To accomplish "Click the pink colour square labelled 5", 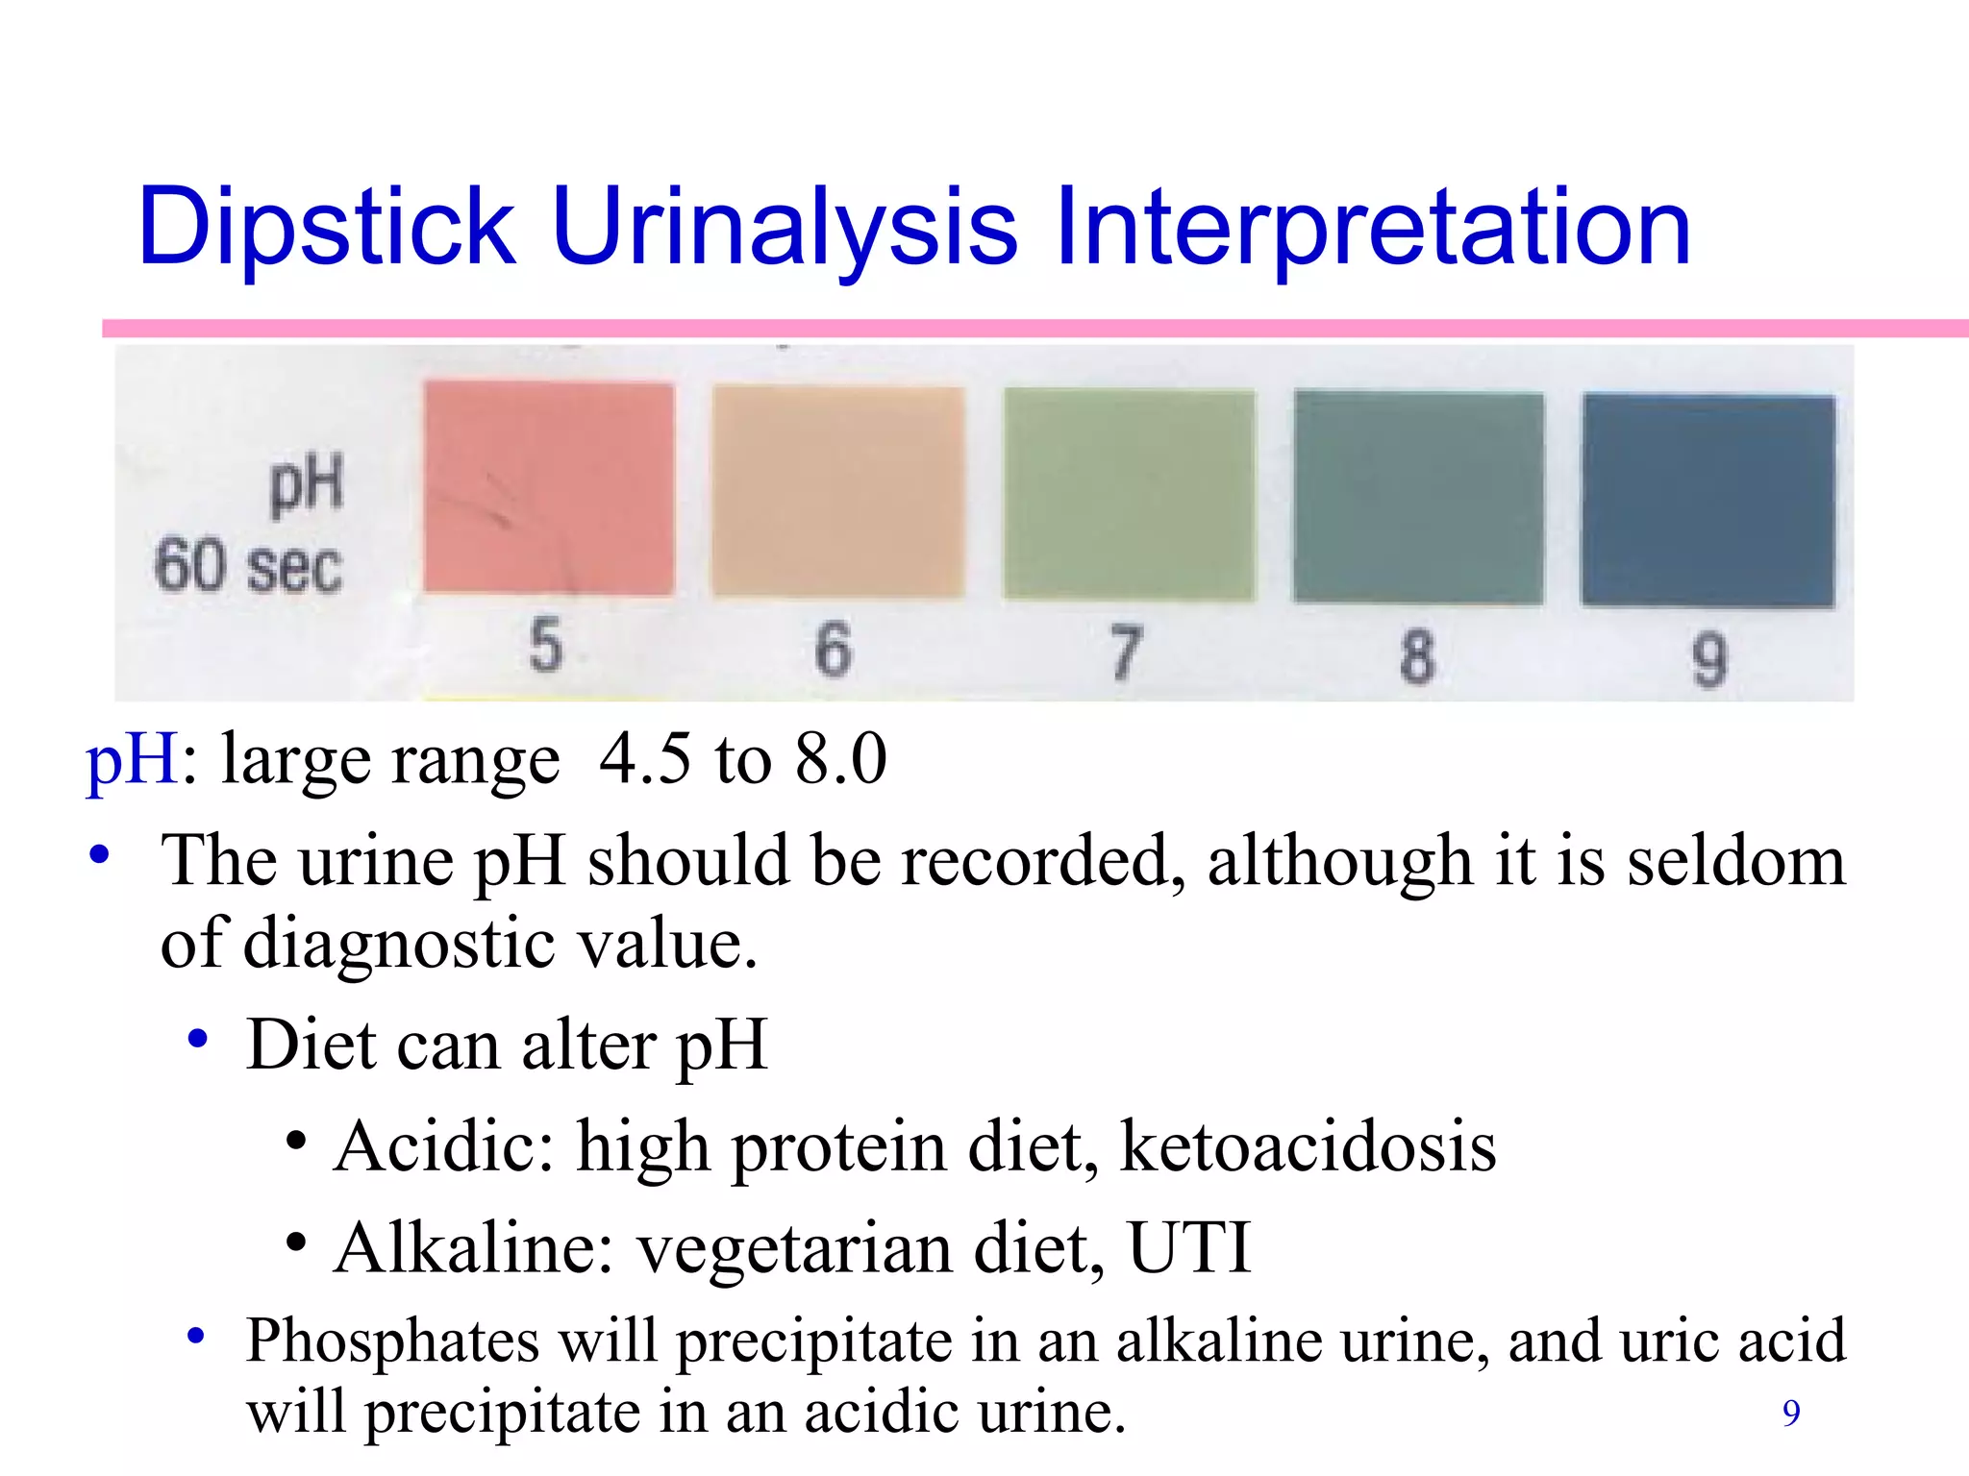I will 548,488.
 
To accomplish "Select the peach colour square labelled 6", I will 837,492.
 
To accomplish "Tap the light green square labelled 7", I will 1129,495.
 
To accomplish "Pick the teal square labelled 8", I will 1418,498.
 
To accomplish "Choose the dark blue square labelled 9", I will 1708,501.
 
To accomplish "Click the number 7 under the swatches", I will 1126,653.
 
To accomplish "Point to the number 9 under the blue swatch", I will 1709,660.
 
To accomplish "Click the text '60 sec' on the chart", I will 248,567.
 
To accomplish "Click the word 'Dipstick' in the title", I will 327,229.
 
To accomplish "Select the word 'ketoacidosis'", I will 1308,1146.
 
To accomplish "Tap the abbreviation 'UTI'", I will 1189,1247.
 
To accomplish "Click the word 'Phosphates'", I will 392,1341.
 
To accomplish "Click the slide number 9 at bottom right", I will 1791,1413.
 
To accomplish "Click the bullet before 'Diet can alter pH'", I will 198,1039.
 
